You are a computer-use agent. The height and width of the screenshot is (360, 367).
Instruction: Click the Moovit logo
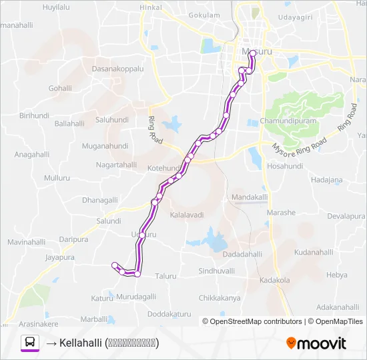tap(316, 344)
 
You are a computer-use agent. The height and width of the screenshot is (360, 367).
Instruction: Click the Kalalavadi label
tap(187, 215)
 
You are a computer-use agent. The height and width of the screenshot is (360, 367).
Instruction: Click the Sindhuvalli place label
tap(216, 271)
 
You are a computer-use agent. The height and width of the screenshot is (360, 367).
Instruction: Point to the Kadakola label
tap(275, 280)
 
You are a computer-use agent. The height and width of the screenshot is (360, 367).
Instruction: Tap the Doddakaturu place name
tap(169, 313)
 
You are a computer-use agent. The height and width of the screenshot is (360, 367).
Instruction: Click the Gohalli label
tap(59, 87)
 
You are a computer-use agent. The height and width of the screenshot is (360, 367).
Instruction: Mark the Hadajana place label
tap(326, 180)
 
